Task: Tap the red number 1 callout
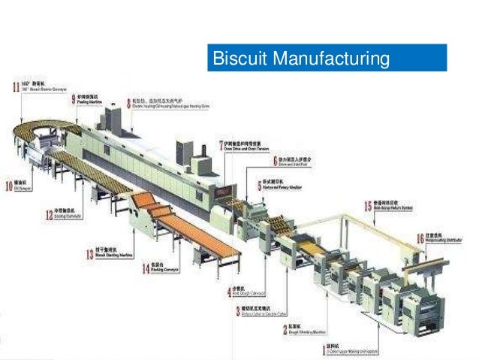coord(324,349)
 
